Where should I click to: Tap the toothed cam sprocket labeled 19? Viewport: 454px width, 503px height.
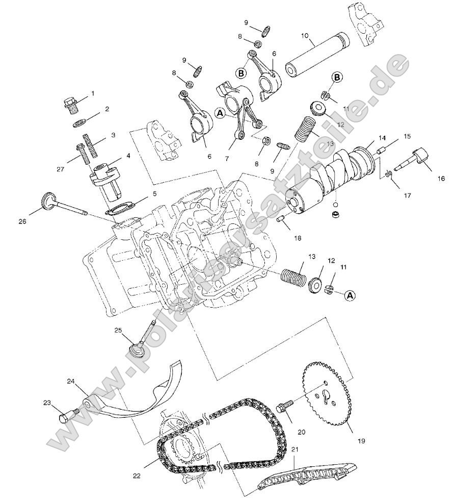[327, 397]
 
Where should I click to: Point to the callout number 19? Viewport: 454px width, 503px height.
[361, 440]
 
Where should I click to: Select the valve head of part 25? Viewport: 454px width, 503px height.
[136, 351]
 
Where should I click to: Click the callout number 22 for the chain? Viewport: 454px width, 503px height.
[136, 475]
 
